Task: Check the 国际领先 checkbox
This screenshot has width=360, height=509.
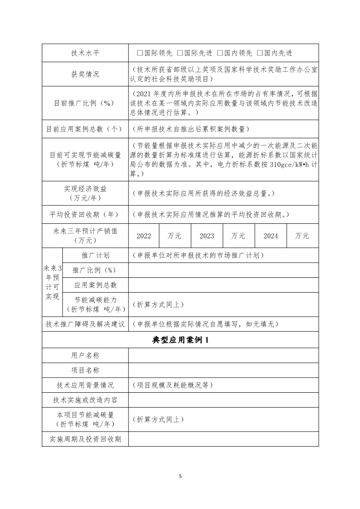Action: [139, 53]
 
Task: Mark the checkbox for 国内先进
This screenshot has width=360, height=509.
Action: [260, 53]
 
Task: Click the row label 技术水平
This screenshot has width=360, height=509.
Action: [85, 53]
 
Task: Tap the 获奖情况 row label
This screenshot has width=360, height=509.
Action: [85, 74]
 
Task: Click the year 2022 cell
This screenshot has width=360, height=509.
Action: [144, 236]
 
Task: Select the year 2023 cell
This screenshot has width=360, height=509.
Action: [207, 236]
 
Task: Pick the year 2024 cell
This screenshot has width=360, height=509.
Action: [271, 236]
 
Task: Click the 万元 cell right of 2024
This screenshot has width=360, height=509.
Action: [302, 236]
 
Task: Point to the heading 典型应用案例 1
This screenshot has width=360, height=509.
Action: [180, 340]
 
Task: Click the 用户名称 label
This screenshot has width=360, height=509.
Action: [85, 355]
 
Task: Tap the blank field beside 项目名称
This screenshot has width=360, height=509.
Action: [223, 370]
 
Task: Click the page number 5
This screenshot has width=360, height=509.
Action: [180, 476]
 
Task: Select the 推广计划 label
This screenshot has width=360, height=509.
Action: [95, 255]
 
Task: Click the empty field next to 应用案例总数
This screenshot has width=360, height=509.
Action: [223, 285]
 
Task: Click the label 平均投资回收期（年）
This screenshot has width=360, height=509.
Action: [85, 214]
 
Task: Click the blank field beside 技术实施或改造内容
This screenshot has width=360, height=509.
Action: [223, 400]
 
